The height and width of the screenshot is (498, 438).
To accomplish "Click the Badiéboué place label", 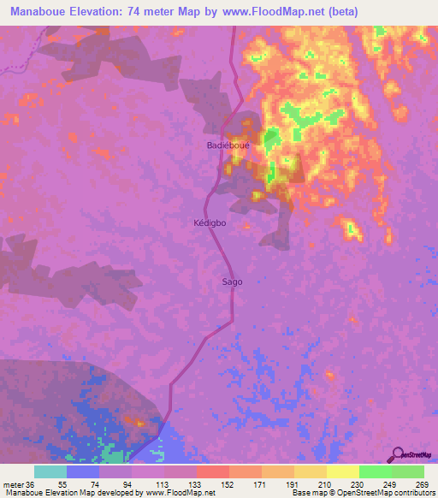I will point(228,145).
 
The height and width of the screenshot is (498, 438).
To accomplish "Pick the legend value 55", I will point(84,483).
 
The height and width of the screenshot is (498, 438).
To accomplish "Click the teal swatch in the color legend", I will point(50,471).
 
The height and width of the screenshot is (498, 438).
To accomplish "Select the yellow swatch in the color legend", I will point(342,471).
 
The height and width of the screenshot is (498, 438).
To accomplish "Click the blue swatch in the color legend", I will point(83,471).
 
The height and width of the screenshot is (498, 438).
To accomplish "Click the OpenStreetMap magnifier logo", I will point(398,454).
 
